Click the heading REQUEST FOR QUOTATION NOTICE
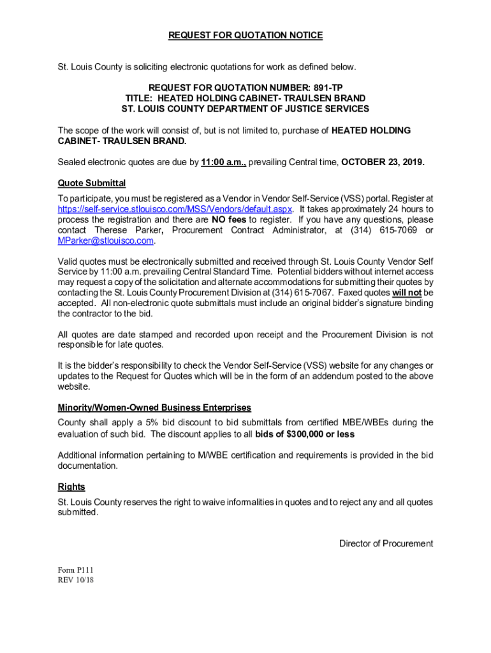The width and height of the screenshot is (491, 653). [246, 36]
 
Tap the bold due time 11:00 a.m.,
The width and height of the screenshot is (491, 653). [223, 162]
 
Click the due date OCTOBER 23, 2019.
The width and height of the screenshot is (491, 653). [383, 162]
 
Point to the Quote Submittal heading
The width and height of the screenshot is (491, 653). [92, 183]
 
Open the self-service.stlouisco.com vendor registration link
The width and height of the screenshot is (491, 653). [175, 209]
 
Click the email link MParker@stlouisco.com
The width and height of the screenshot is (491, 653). [106, 240]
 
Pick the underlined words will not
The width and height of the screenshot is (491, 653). [407, 293]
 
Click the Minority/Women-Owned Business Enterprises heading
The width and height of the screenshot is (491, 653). [154, 407]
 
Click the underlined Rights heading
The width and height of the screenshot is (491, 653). [71, 487]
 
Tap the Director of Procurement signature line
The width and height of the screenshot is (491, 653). [386, 544]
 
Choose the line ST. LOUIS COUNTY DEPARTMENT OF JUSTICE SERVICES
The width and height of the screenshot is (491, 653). [246, 109]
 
